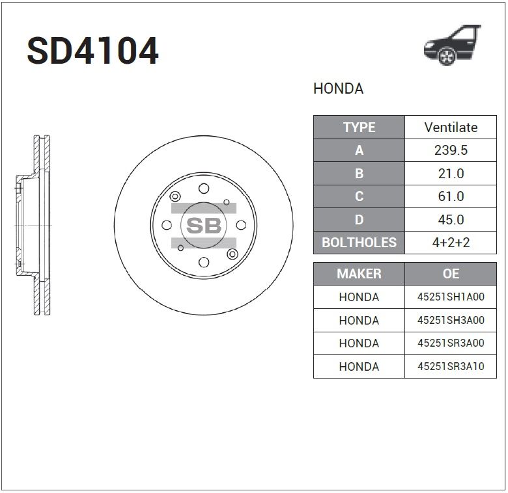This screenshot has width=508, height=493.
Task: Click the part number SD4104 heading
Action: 93,51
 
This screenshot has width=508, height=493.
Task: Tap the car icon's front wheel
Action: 447,56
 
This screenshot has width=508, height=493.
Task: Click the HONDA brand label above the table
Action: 338,88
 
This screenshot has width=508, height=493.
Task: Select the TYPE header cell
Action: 359,127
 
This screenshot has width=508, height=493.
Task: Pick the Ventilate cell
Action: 451,127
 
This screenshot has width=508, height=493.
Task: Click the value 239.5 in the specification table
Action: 451,150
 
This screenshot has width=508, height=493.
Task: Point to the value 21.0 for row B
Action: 451,174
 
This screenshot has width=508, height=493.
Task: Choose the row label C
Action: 359,196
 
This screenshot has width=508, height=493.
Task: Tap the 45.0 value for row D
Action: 451,220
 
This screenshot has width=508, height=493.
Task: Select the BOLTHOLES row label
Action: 359,243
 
